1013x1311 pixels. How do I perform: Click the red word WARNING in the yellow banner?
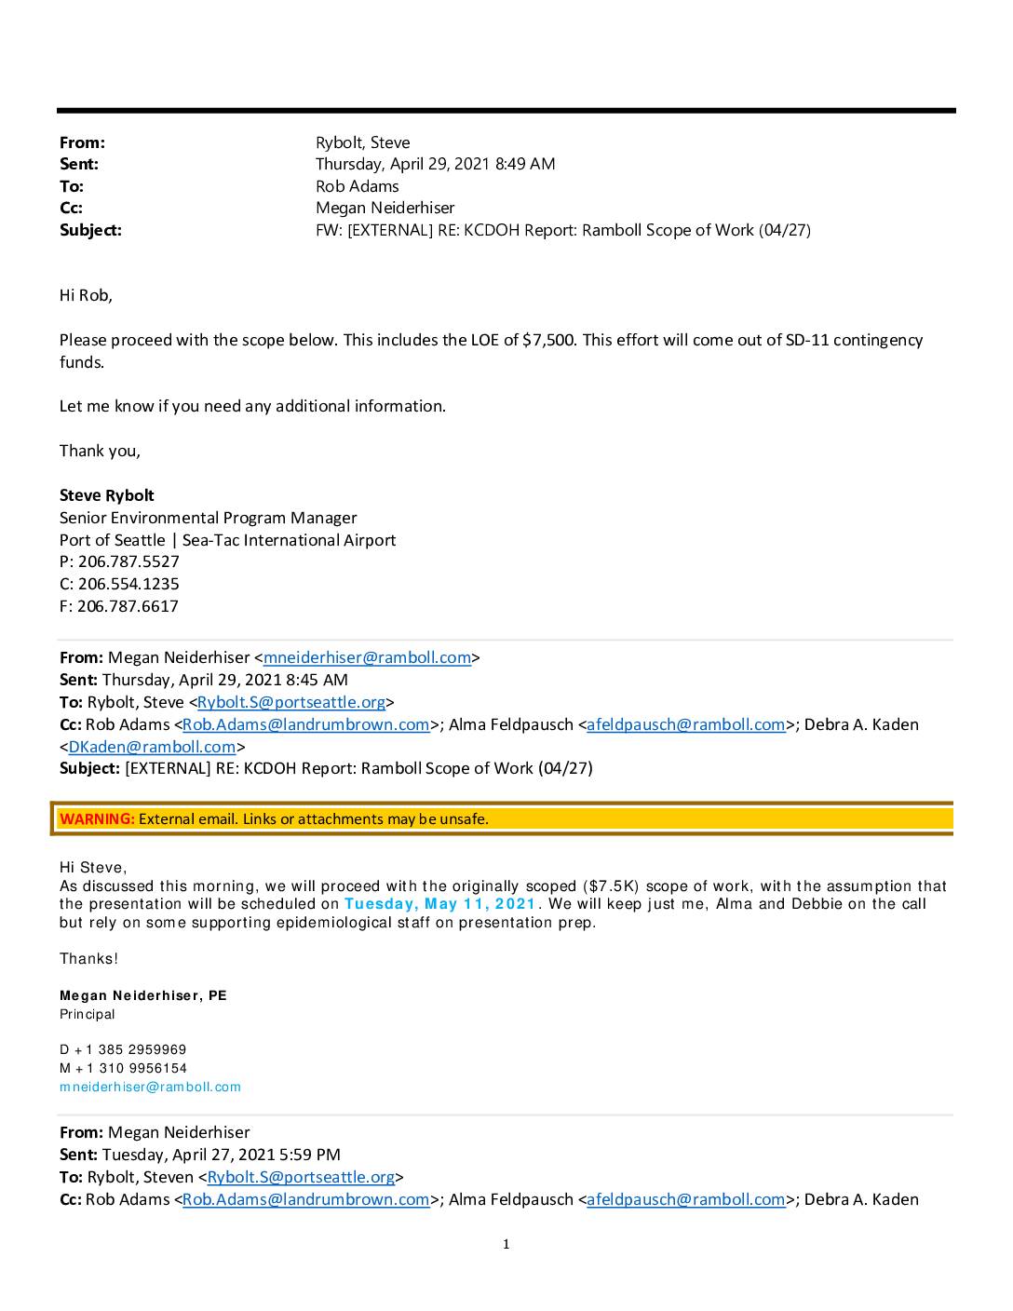point(97,819)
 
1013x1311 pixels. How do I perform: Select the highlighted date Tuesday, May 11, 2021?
point(440,904)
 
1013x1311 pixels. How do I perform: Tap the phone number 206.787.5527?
point(128,561)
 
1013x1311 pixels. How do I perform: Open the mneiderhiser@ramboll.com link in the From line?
point(367,657)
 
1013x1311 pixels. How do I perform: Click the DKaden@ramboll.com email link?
point(152,747)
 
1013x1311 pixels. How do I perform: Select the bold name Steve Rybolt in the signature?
point(107,495)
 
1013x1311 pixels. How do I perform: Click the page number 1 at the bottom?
point(506,1244)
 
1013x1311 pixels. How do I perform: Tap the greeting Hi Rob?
point(86,295)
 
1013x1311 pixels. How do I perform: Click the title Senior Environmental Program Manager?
point(208,518)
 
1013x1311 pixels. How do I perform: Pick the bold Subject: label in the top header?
point(90,230)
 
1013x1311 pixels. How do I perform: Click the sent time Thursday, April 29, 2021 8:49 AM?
point(435,164)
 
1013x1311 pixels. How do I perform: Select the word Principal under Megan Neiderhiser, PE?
point(88,1014)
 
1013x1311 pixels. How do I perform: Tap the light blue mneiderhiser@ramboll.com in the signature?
point(150,1087)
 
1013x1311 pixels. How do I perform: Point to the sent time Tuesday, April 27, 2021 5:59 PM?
point(221,1155)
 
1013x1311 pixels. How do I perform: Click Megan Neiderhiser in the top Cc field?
point(385,208)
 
